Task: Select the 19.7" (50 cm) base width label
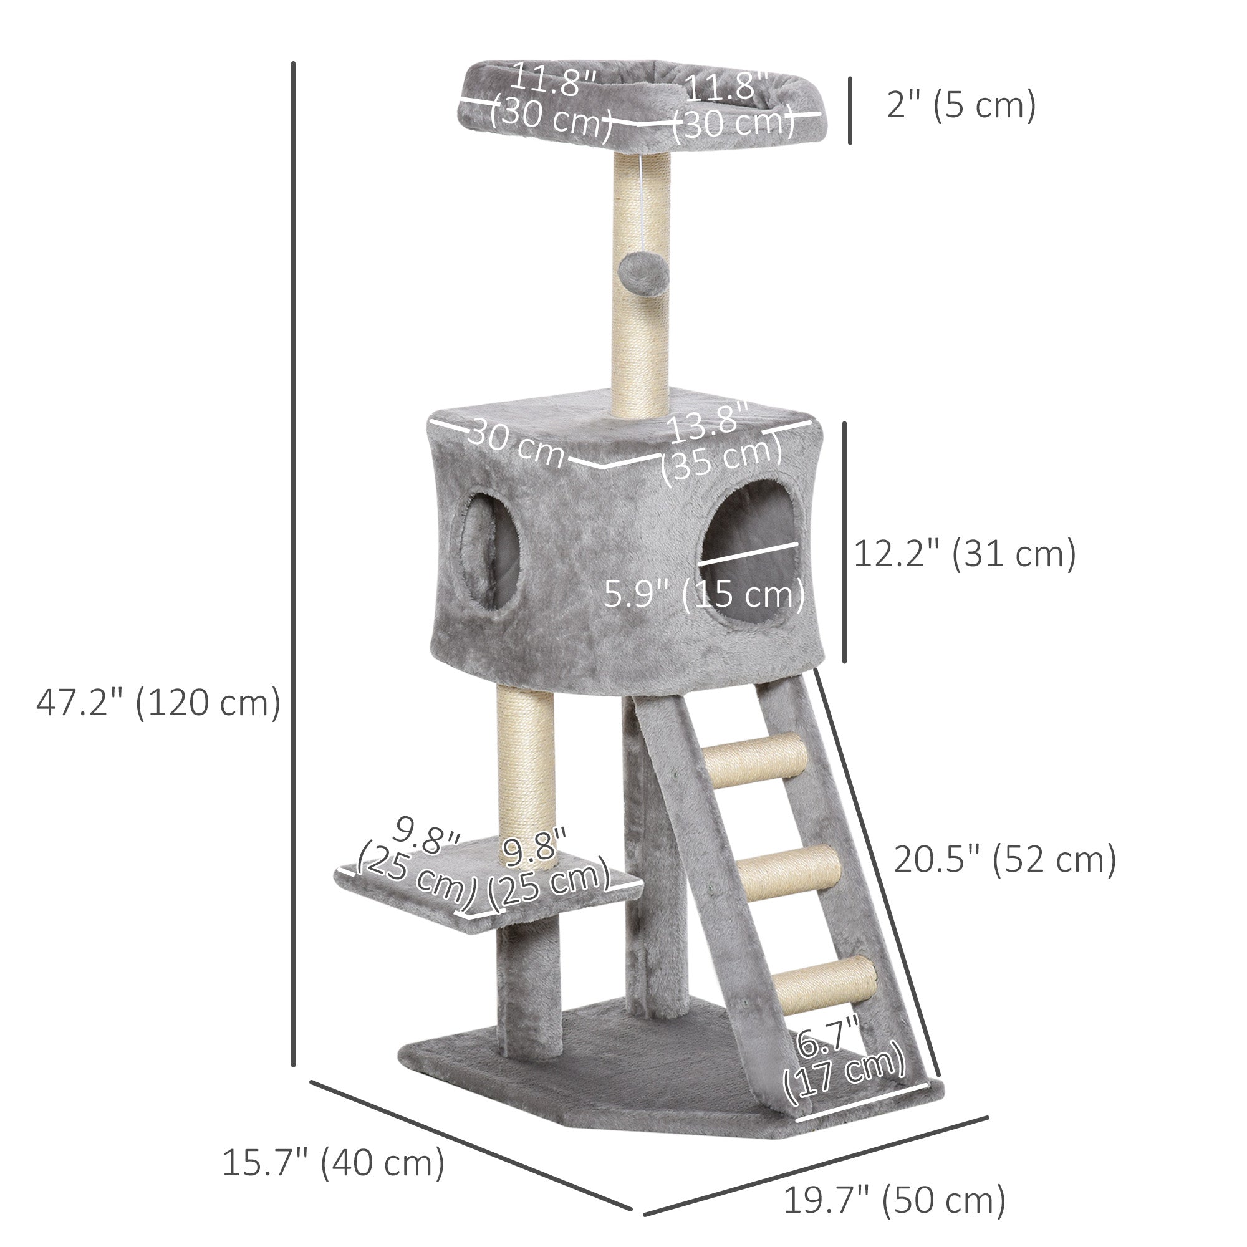(x=894, y=1200)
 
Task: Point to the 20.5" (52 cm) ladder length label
(x=1004, y=859)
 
